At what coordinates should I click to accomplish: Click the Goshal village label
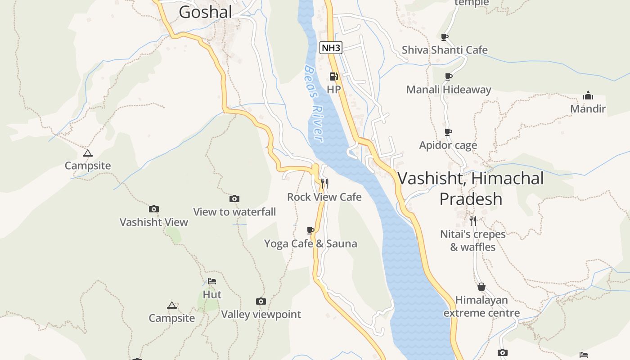pos(205,12)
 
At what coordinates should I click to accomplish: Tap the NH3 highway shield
pos(331,47)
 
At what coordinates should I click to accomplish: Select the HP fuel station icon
pos(333,76)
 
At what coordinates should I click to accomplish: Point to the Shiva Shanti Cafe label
pos(445,50)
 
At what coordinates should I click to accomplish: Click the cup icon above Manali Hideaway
pos(448,76)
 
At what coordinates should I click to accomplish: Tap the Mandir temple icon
pos(588,95)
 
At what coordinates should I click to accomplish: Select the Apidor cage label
pos(448,145)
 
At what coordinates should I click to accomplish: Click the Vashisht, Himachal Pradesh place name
pos(471,188)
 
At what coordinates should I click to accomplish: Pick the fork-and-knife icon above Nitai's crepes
pos(472,220)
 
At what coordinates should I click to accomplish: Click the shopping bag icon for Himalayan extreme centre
pos(481,287)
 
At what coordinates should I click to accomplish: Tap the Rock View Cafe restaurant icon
pos(324,183)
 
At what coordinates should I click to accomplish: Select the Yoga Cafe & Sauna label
pos(310,244)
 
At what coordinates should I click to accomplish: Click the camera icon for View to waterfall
pos(234,198)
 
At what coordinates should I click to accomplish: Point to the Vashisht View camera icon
pos(154,209)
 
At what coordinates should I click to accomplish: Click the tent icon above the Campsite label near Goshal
pos(88,153)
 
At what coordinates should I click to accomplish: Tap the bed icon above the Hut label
pos(212,281)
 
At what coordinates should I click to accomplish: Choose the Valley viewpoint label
pos(261,315)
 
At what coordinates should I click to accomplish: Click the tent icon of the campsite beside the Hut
pos(172,306)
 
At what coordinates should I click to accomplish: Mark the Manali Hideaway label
pos(449,90)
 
